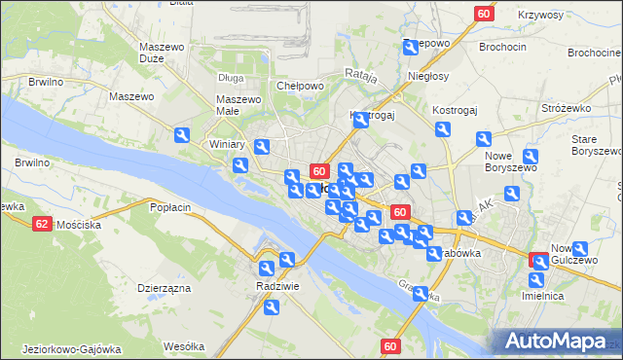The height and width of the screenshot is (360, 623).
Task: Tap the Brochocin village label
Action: pyautogui.click(x=502, y=46)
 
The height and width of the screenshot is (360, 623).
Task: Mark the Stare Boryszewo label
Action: pyautogui.click(x=595, y=146)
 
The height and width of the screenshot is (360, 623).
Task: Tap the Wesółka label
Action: pyautogui.click(x=183, y=346)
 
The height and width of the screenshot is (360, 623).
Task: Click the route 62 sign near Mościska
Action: pyautogui.click(x=41, y=224)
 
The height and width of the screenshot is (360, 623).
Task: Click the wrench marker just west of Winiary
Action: pyautogui.click(x=182, y=137)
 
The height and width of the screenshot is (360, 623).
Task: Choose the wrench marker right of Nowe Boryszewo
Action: pyautogui.click(x=531, y=158)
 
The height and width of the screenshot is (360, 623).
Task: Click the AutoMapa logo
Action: pyautogui.click(x=558, y=341)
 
